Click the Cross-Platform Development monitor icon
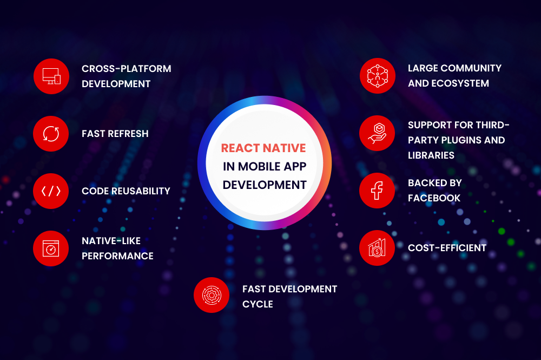tap(51, 76)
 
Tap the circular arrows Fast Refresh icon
tap(51, 134)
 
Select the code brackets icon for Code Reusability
tap(51, 191)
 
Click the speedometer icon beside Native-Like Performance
tap(51, 248)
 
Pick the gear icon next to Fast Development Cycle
tap(212, 295)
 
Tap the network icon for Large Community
tap(378, 76)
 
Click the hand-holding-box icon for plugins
tap(377, 133)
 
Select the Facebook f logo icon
tap(377, 191)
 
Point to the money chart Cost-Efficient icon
tap(377, 248)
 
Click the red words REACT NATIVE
tap(263, 148)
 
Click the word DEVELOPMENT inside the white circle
tap(265, 185)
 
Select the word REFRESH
tap(128, 134)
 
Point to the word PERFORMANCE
tap(117, 256)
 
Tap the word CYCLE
tap(258, 304)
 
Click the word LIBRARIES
tap(431, 155)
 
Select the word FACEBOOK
tap(434, 198)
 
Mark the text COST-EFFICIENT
tap(447, 248)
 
